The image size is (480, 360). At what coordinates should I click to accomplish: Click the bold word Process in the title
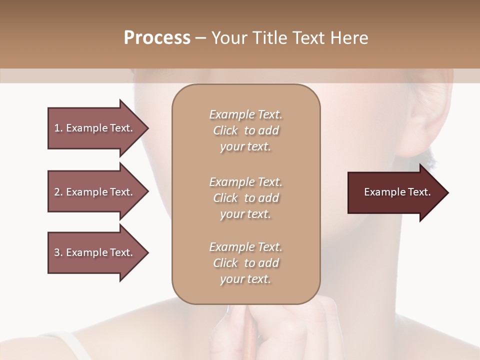point(157,38)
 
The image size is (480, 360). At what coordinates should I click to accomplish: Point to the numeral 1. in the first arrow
point(58,128)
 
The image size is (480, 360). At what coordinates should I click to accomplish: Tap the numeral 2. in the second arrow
point(58,192)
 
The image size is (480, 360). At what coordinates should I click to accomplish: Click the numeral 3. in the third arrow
point(58,252)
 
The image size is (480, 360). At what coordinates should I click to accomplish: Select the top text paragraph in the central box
point(245,130)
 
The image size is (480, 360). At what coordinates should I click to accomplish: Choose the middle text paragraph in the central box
point(245,198)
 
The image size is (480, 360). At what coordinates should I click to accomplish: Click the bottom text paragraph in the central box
point(245,263)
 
